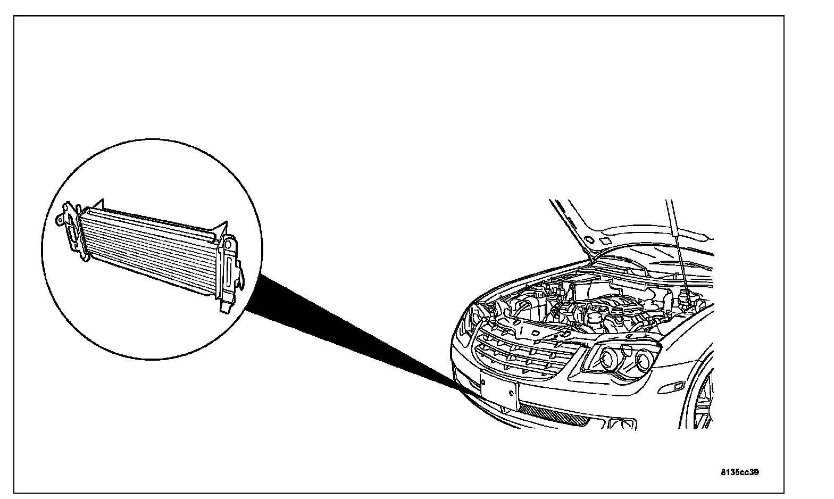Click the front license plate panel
[x=499, y=390]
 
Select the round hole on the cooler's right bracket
[x=228, y=244]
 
